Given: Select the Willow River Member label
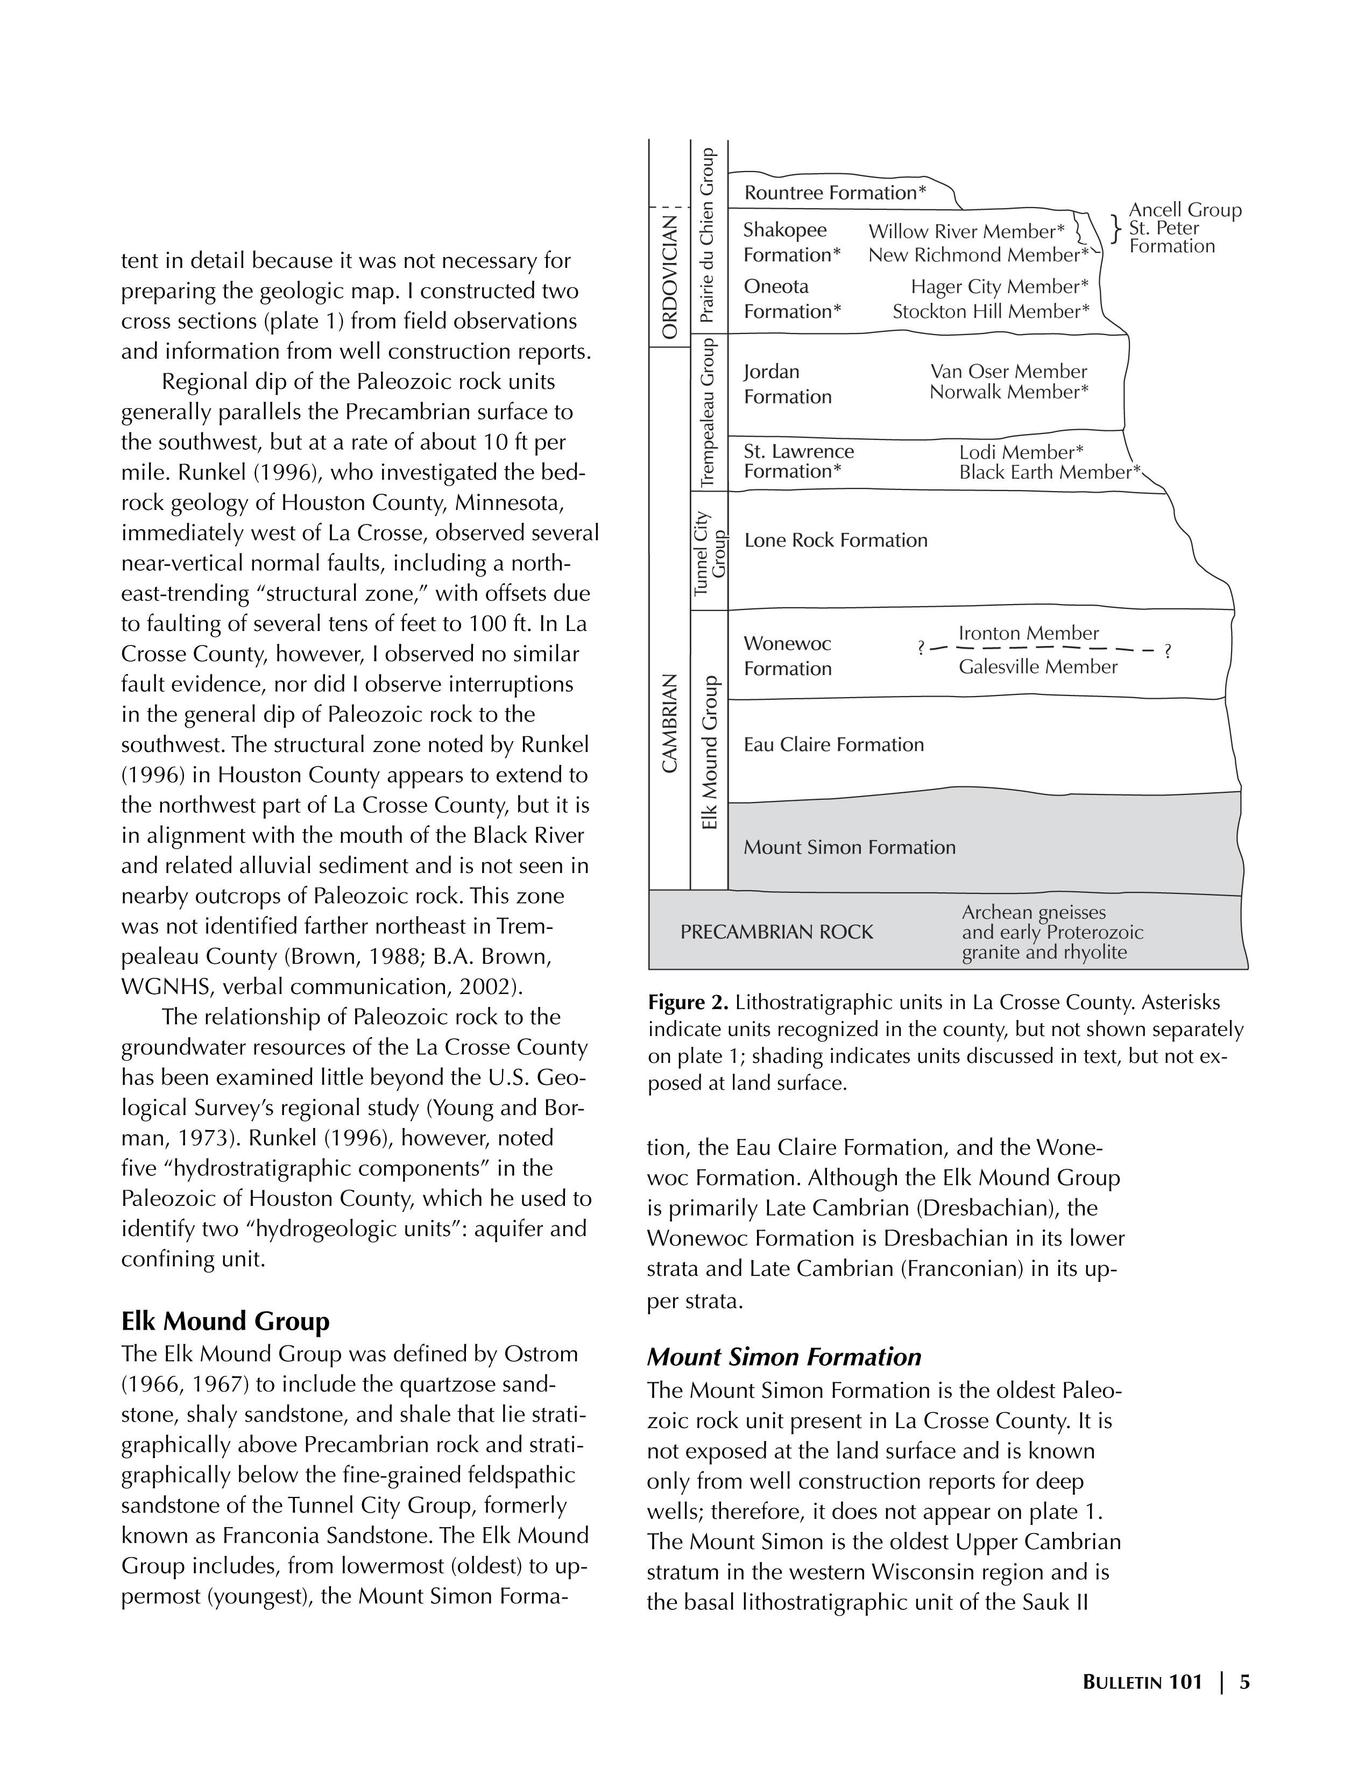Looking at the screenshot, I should point(966,232).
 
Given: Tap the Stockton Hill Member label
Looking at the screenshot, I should point(990,312).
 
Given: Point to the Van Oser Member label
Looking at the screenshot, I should point(1008,372).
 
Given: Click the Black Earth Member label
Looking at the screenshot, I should point(1049,472).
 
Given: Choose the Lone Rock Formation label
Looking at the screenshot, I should point(836,541).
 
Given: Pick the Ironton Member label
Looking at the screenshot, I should point(1028,633).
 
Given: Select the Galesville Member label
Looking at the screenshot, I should point(1038,668).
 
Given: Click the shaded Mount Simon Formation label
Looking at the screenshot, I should point(850,848).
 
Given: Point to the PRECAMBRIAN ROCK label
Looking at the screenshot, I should point(776,932).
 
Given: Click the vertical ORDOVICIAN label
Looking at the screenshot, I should point(670,276).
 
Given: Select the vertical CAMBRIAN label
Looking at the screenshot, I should point(670,723).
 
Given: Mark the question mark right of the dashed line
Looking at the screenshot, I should point(1167,651).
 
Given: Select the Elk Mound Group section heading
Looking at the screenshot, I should point(225,1322).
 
